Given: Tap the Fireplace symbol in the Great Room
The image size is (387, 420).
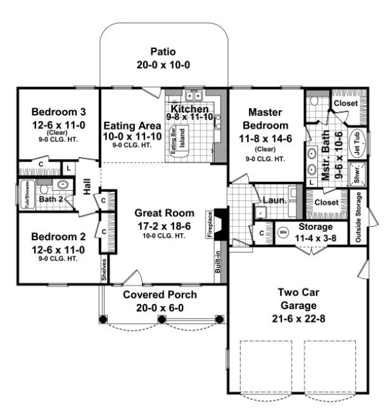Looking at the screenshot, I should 220,224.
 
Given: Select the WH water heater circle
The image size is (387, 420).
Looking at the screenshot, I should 282,232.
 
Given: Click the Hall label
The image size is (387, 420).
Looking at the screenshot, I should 87,188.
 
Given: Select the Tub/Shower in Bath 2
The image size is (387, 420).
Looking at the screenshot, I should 27,194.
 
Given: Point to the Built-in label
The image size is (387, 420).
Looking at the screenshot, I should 217,264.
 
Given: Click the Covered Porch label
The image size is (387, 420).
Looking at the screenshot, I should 160,295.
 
